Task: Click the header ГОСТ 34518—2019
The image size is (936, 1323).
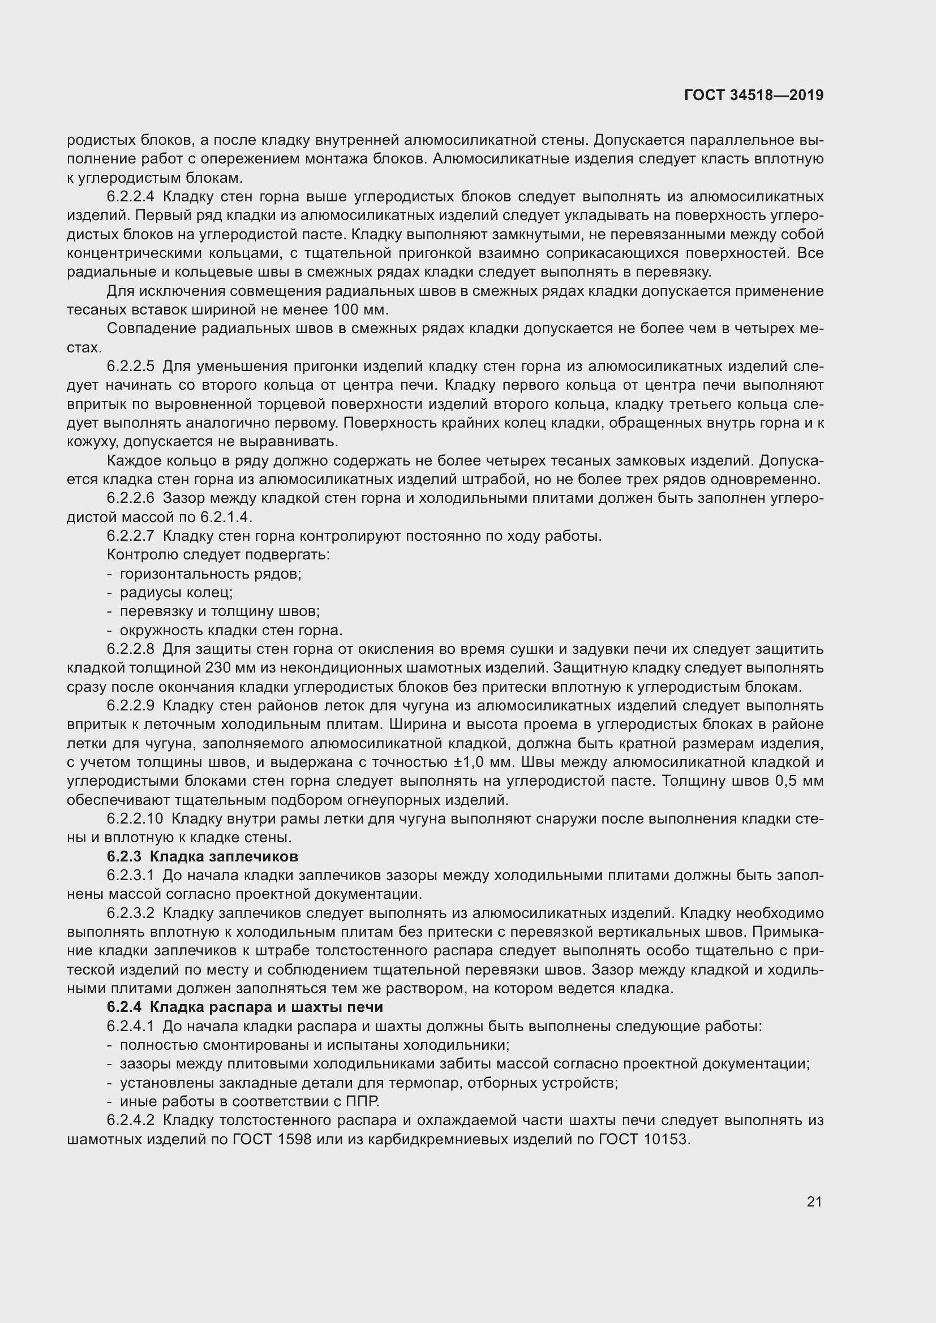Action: point(753,95)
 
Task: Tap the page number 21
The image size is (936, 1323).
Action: point(814,1201)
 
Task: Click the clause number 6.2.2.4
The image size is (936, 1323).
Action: point(130,197)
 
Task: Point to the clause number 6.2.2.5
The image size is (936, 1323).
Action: point(130,367)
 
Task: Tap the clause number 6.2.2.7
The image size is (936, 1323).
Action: point(130,536)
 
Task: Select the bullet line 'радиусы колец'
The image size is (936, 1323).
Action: point(176,592)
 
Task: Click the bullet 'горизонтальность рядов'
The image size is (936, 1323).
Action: point(210,574)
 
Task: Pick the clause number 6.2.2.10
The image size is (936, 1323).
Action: point(135,819)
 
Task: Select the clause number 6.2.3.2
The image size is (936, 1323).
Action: point(130,913)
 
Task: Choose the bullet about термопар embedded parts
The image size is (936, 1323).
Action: point(369,1083)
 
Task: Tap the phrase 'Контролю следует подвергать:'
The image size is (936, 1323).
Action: point(218,555)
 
